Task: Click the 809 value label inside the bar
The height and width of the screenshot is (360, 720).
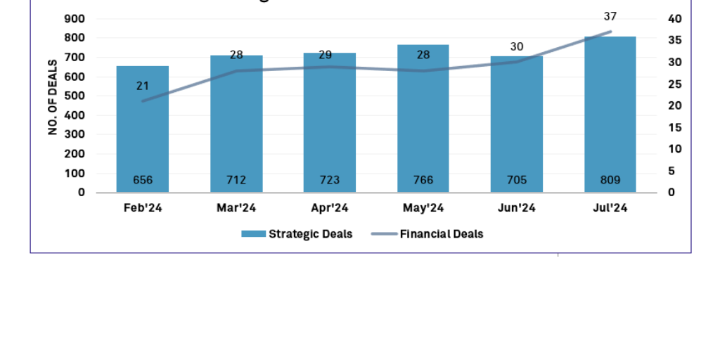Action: click(x=610, y=180)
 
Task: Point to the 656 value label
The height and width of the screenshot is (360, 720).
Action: click(x=143, y=180)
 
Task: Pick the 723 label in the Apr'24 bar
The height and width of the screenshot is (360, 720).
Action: click(x=330, y=180)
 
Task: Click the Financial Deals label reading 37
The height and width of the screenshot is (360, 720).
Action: click(x=610, y=16)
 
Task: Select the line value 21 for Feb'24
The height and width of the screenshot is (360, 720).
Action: click(x=143, y=86)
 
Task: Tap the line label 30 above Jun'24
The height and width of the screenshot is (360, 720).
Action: click(x=517, y=46)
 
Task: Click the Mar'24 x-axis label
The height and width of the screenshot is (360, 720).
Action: click(x=236, y=208)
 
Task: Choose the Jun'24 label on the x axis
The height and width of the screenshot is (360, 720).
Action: click(x=517, y=208)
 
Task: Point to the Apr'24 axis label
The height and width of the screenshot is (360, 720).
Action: click(x=330, y=208)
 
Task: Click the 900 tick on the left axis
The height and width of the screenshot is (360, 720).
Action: click(x=75, y=19)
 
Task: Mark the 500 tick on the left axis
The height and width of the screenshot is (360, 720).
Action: click(x=75, y=96)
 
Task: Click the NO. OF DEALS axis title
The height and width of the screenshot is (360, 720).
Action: click(x=53, y=97)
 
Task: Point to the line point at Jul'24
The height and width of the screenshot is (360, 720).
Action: click(x=610, y=32)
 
